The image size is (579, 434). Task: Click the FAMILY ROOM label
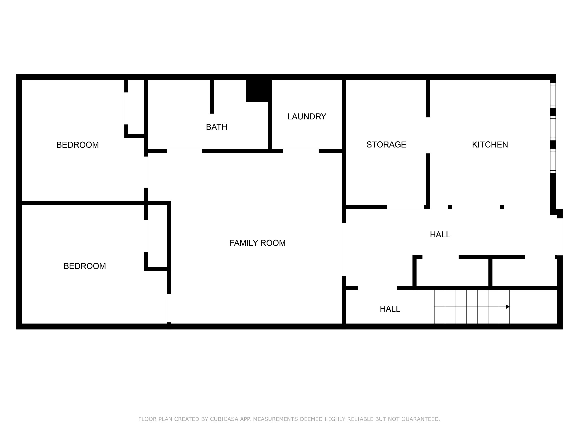tap(258, 243)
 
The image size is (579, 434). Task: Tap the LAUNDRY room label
tap(307, 116)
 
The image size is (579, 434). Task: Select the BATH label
tap(217, 127)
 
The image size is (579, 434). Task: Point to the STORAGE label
tap(386, 145)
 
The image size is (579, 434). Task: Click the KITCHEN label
tap(490, 145)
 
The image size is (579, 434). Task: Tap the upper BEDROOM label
tap(78, 145)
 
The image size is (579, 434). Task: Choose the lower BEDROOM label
tap(85, 266)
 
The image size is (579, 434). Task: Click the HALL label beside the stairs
tap(390, 309)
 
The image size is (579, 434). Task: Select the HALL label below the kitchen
tap(440, 235)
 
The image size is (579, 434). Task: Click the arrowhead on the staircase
tap(508, 307)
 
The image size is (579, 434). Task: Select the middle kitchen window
tap(553, 128)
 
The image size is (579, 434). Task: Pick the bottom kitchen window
tap(553, 161)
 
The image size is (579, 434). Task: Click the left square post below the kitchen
tap(450, 207)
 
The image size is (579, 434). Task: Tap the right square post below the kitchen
tap(502, 207)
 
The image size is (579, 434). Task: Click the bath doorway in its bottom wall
tap(184, 151)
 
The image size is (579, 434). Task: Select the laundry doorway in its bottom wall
tap(301, 151)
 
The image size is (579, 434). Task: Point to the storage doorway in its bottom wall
tap(405, 207)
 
